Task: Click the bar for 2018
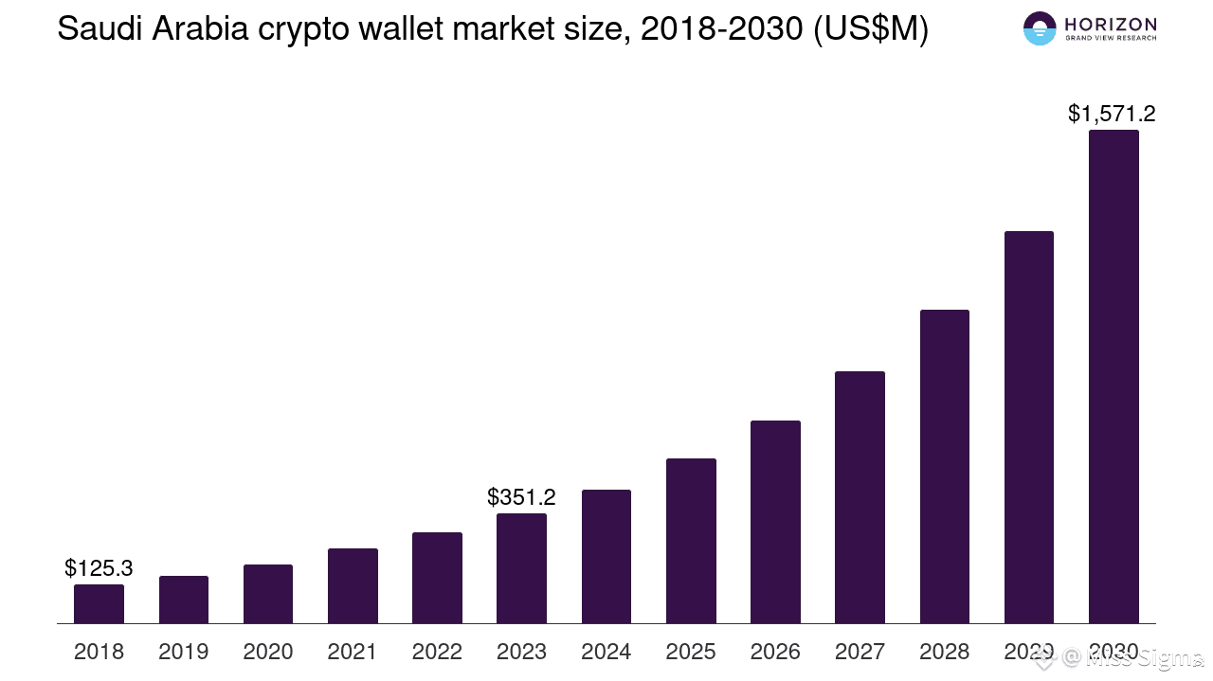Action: click(x=99, y=604)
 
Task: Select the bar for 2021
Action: click(x=353, y=586)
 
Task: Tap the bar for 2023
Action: click(x=521, y=568)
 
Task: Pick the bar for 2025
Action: click(x=691, y=541)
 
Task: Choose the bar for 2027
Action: click(x=860, y=497)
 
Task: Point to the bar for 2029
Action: click(x=1028, y=427)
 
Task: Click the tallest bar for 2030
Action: click(x=1113, y=377)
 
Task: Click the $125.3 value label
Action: click(x=99, y=568)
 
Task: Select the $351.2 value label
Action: click(x=521, y=497)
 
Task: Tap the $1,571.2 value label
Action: click(x=1112, y=115)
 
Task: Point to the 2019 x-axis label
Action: click(x=183, y=652)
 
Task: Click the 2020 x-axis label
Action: click(x=268, y=652)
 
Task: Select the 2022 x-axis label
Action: click(x=437, y=652)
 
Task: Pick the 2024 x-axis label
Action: click(x=606, y=652)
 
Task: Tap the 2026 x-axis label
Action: click(x=775, y=652)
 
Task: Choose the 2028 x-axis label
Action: click(x=944, y=652)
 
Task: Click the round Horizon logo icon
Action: click(x=1040, y=28)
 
